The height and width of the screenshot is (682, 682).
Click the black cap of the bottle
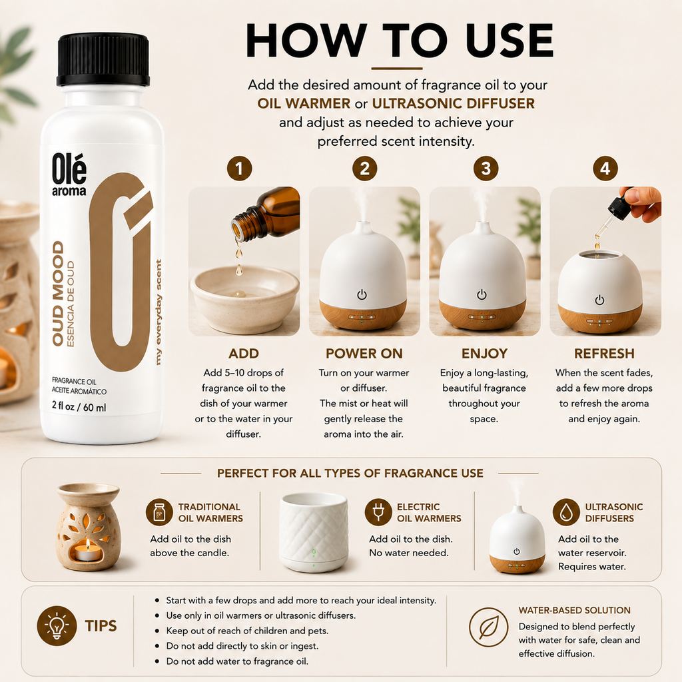(x=103, y=59)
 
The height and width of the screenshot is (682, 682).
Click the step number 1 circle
(x=239, y=169)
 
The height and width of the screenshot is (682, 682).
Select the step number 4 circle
(x=605, y=169)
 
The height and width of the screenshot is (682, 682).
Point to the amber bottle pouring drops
(x=266, y=215)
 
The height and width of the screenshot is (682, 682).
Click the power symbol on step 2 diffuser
(x=362, y=295)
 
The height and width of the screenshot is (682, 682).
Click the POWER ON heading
(x=364, y=354)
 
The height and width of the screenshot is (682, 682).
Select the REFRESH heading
(x=604, y=354)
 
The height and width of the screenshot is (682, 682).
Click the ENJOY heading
(x=484, y=354)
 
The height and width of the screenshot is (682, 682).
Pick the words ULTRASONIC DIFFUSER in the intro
(x=453, y=103)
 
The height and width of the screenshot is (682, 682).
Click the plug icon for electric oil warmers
(x=378, y=512)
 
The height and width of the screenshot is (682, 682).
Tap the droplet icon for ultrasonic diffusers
(x=566, y=512)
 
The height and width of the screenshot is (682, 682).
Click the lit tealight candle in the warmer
(x=87, y=551)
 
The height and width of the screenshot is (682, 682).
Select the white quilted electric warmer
(x=313, y=532)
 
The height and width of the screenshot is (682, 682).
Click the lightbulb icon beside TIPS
(x=57, y=625)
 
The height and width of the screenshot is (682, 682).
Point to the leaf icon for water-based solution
(x=488, y=627)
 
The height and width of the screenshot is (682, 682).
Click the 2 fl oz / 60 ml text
(x=79, y=407)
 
